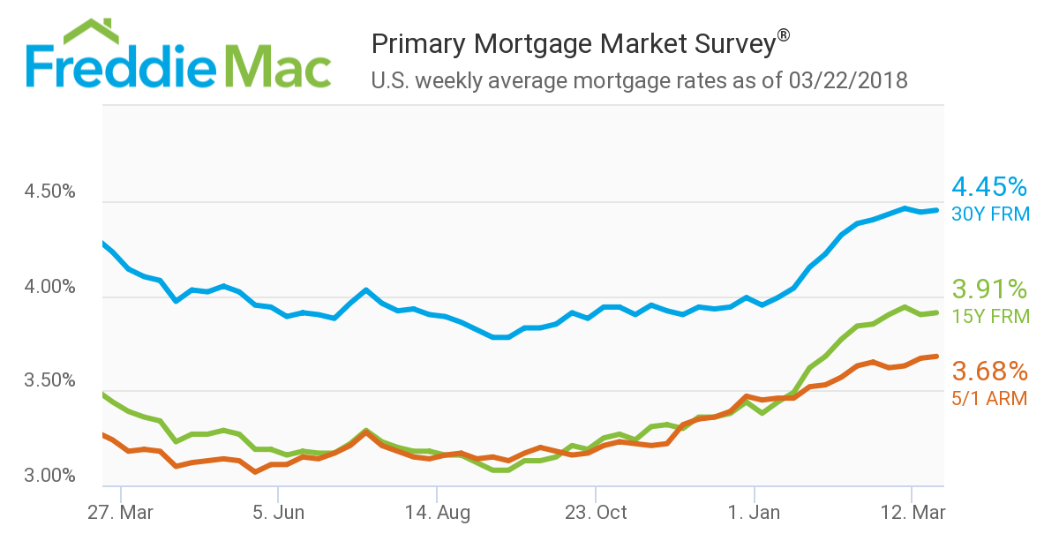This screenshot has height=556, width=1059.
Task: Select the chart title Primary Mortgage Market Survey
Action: [x=574, y=43]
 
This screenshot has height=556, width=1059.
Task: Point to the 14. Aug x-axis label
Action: [x=437, y=513]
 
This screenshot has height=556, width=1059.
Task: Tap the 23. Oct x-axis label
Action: [x=596, y=513]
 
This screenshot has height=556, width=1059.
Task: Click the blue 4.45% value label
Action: [x=989, y=187]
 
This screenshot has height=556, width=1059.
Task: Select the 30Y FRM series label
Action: [x=990, y=214]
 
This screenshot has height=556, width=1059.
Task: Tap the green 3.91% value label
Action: [x=989, y=289]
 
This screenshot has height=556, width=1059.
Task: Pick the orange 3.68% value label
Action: [x=989, y=371]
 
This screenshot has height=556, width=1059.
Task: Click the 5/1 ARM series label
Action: [x=989, y=398]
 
